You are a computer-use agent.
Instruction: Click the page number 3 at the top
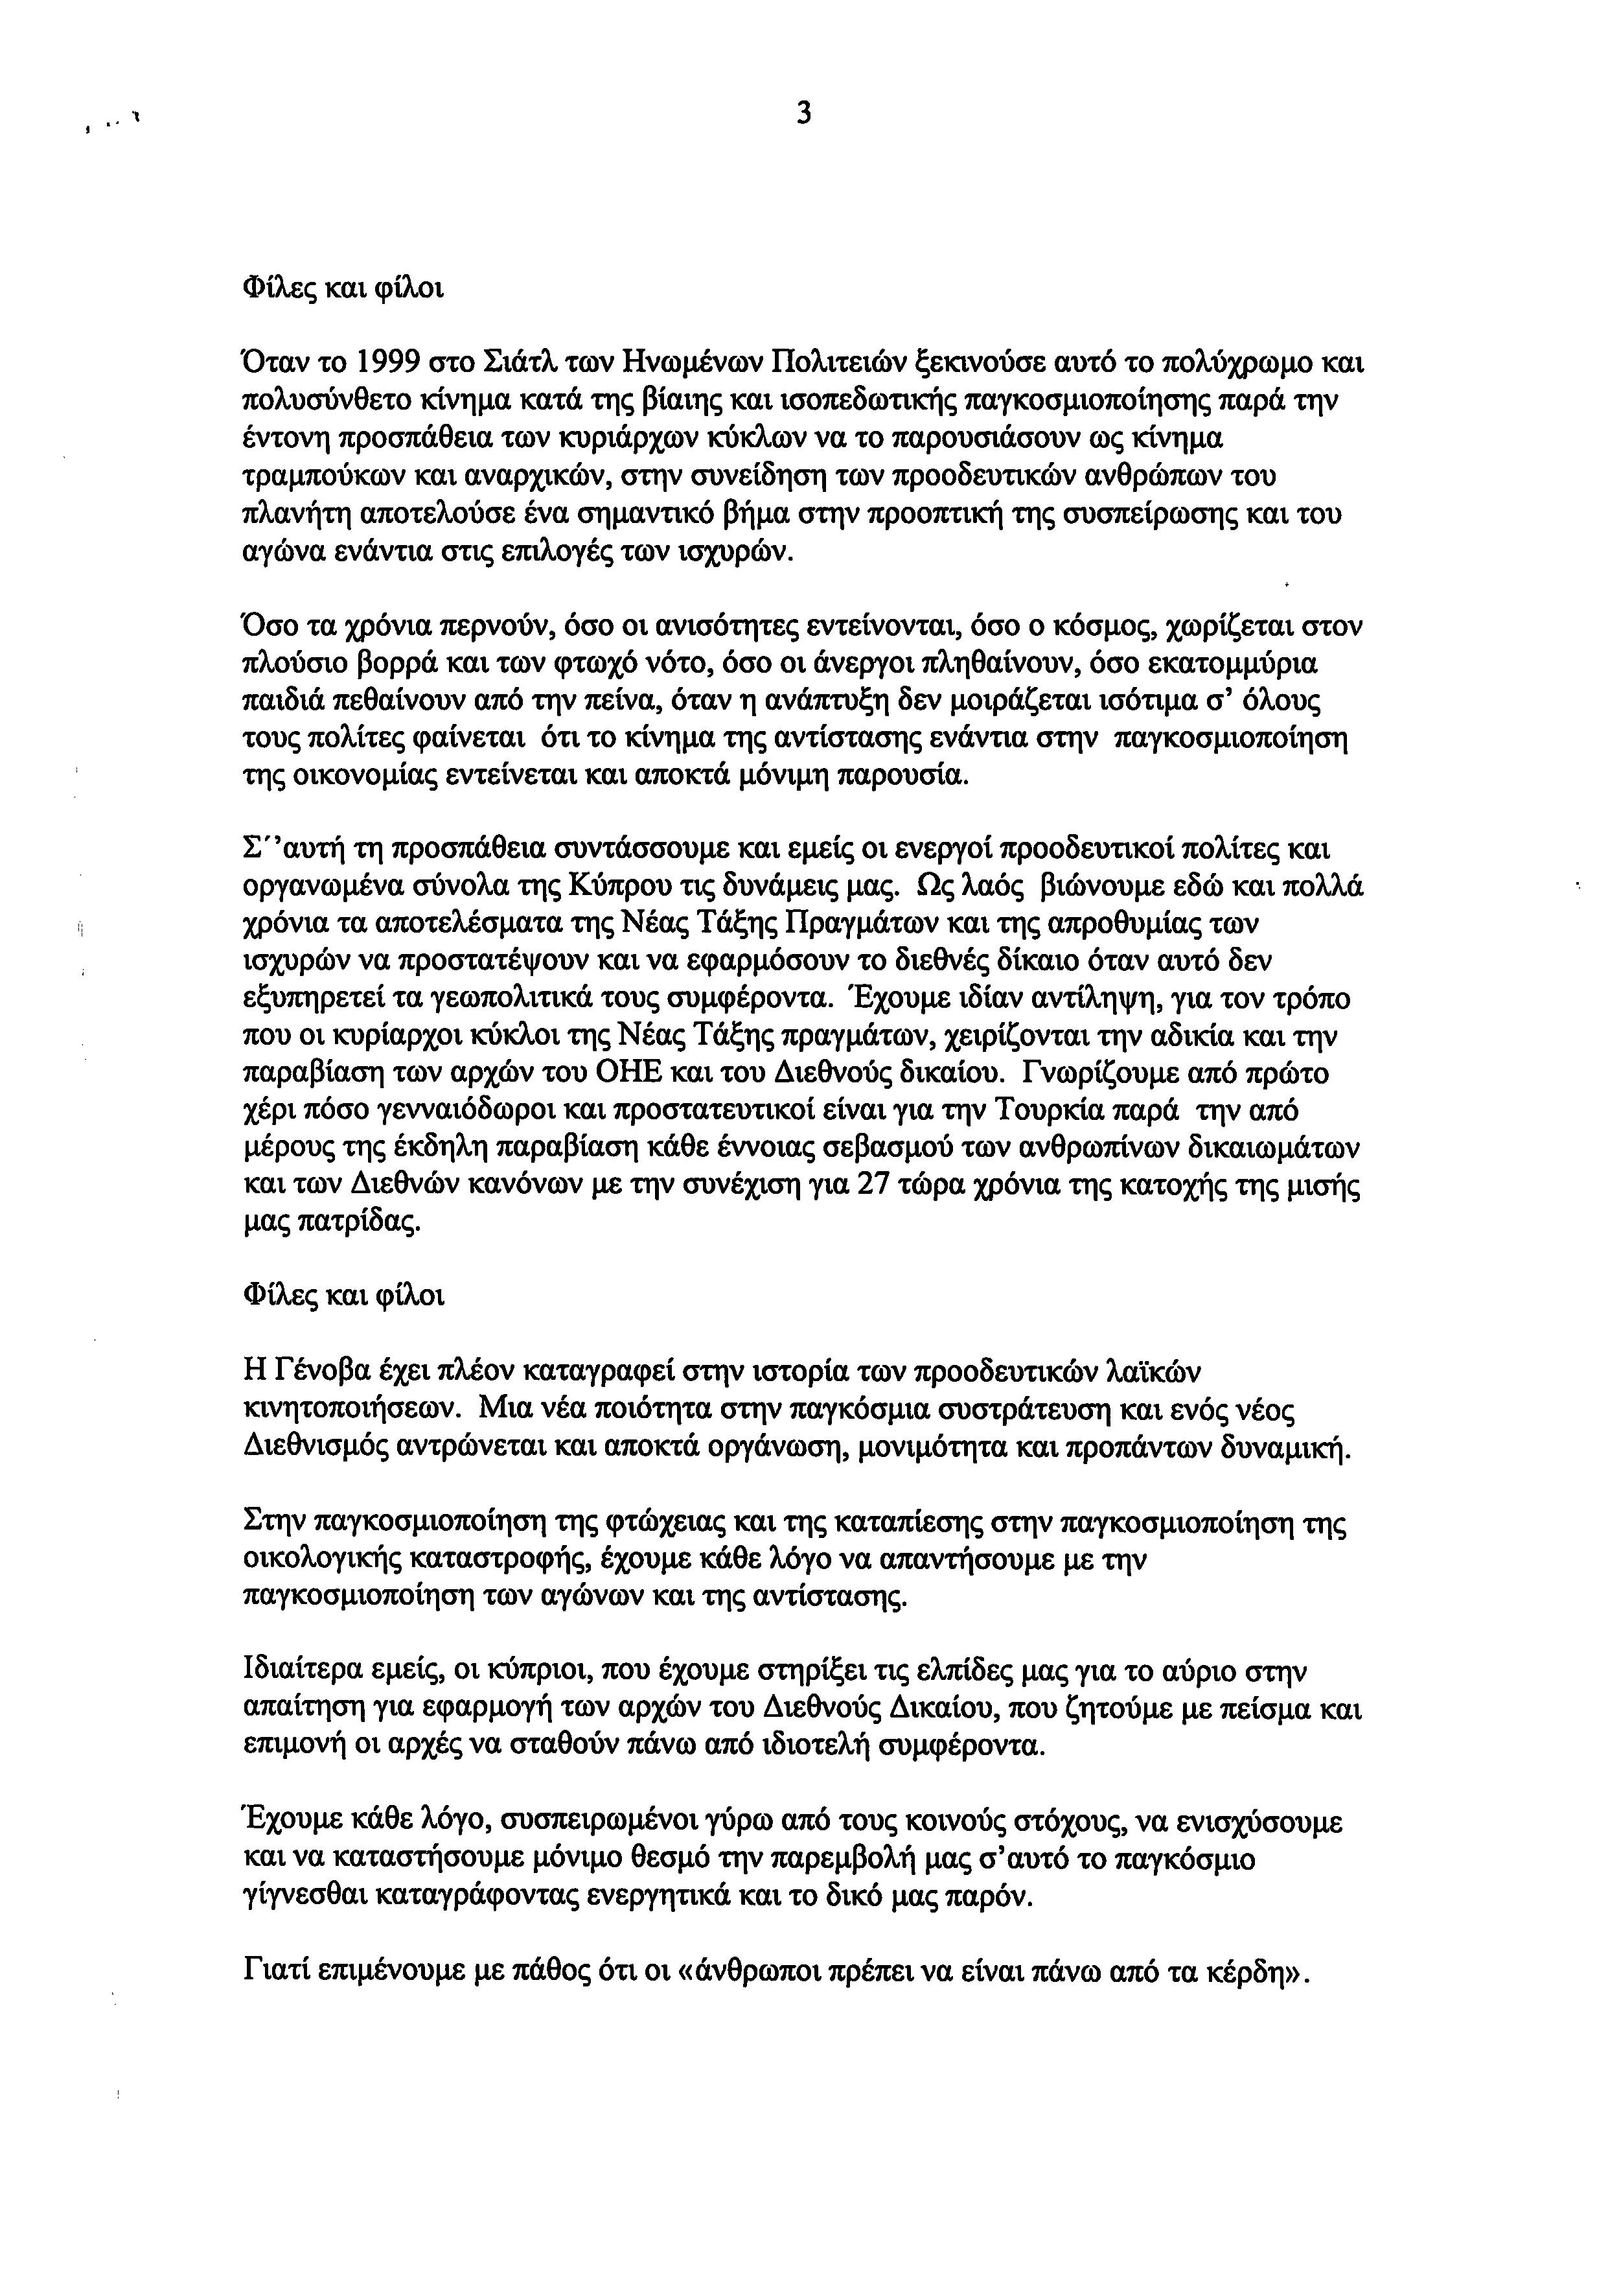coord(803,114)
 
